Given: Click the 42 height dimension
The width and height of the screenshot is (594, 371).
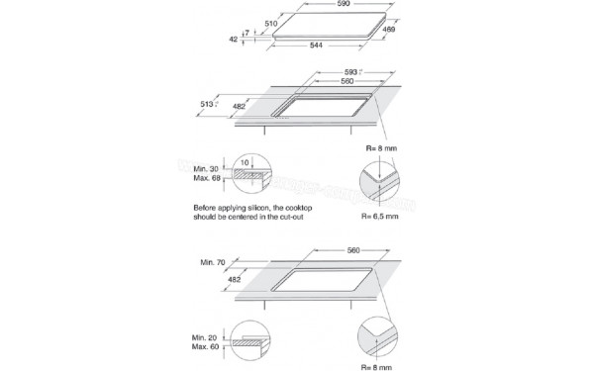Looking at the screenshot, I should tap(234, 40).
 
